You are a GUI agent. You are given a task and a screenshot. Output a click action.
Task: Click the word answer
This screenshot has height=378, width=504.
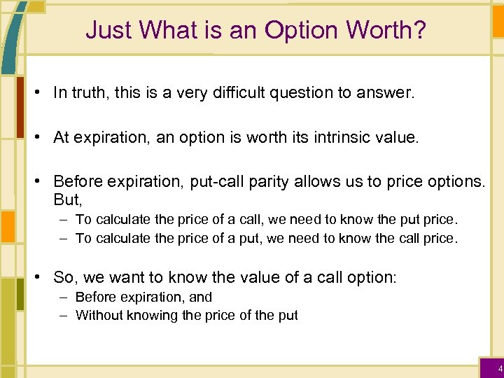tap(389, 93)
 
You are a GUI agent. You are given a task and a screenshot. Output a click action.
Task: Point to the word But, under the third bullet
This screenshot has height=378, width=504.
tap(68, 199)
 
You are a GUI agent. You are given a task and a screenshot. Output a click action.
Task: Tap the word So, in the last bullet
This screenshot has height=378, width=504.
tap(65, 277)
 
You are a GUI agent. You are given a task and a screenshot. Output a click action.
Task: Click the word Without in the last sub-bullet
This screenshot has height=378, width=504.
tap(98, 315)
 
